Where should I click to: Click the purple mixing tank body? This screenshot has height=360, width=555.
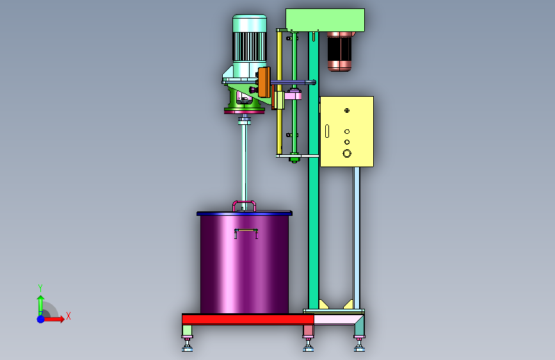coord(245,265)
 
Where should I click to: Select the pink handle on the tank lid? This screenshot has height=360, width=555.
coord(244,202)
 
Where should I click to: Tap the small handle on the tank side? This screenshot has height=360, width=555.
coord(246,231)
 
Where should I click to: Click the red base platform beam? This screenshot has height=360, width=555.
coord(248,320)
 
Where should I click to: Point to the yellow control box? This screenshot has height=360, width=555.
coord(347,131)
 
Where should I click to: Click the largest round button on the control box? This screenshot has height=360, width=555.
coord(347,154)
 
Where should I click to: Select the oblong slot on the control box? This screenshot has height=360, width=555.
coord(327,131)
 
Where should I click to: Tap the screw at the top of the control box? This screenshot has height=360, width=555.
coord(347,111)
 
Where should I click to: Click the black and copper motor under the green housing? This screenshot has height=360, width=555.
coord(339,51)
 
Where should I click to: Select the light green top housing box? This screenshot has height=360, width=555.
coord(325,20)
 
